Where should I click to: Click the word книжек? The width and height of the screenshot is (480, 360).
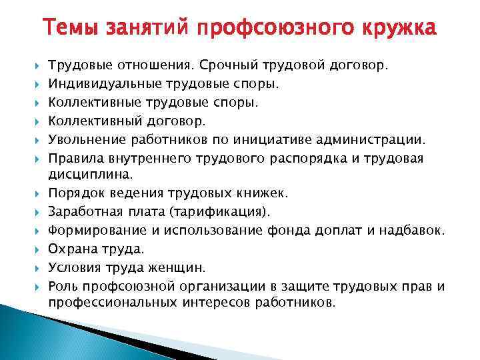click(261, 193)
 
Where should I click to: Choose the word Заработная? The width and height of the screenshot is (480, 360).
click(83, 212)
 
